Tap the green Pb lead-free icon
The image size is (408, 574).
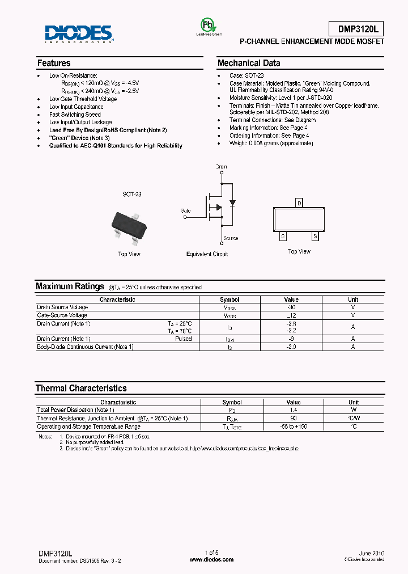(x=208, y=25)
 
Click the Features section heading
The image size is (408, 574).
(x=54, y=63)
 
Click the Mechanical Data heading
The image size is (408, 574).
(x=249, y=63)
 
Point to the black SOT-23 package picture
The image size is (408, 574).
(x=129, y=224)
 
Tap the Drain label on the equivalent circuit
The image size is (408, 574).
(x=221, y=167)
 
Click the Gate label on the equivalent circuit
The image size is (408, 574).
(x=185, y=210)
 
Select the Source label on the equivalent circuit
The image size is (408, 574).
(x=231, y=238)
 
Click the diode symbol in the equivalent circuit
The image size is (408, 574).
(x=231, y=202)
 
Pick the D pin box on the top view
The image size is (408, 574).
(x=299, y=203)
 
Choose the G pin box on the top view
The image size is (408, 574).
(x=283, y=236)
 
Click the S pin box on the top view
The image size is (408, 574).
(x=315, y=236)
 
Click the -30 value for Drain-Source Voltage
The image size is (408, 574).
(x=291, y=307)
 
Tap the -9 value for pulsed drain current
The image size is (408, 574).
(x=291, y=339)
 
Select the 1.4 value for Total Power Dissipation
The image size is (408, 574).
(x=293, y=410)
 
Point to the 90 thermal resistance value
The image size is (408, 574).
(x=293, y=418)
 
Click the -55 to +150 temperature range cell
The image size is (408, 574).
(x=293, y=427)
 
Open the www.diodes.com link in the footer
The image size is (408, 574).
(x=211, y=559)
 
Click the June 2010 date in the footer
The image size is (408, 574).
(x=372, y=552)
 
